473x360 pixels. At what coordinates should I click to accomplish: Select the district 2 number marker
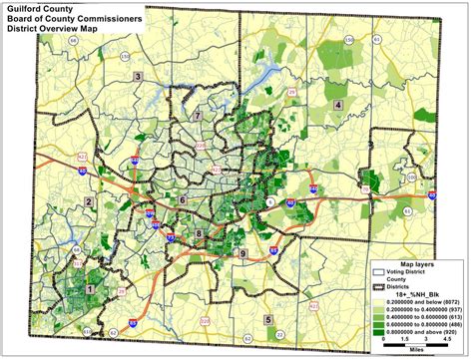pyautogui.click(x=89, y=202)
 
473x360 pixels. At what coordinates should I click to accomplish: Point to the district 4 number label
pyautogui.click(x=338, y=105)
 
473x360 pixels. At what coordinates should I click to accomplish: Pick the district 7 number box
pyautogui.click(x=199, y=117)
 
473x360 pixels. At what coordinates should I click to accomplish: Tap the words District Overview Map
pyautogui.click(x=53, y=28)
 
